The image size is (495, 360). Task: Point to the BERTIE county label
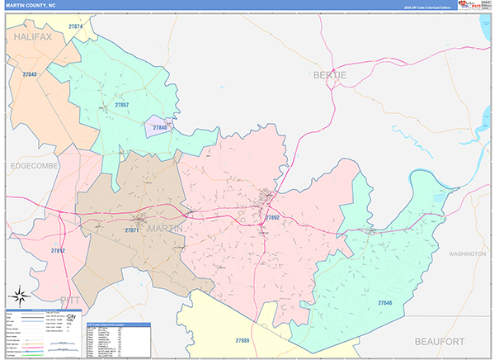click(x=329, y=75)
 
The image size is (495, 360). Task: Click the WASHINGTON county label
click(x=467, y=254)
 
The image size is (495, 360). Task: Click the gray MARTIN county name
click(x=165, y=229)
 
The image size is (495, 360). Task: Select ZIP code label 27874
click(x=76, y=27)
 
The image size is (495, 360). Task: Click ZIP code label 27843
click(x=30, y=74)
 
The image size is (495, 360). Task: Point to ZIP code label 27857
click(x=122, y=105)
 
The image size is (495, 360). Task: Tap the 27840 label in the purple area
click(x=159, y=128)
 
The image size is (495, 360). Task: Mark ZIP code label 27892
click(x=272, y=217)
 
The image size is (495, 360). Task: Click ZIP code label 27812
click(x=58, y=249)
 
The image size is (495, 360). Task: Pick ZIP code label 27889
click(x=243, y=339)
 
